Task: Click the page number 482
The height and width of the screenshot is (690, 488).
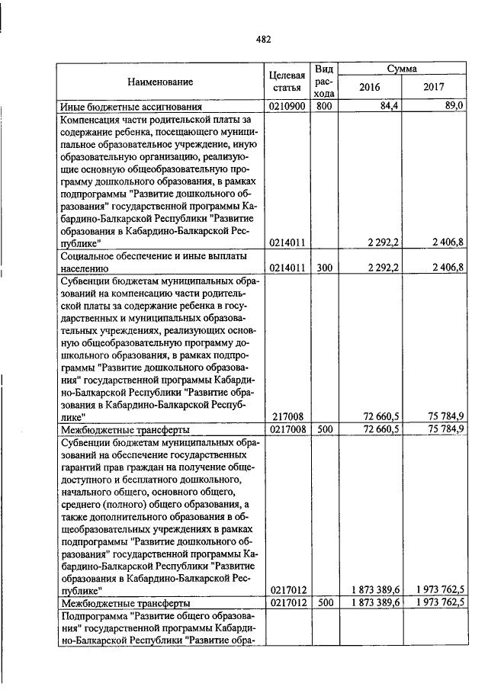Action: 264,40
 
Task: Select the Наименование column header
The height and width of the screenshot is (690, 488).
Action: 160,81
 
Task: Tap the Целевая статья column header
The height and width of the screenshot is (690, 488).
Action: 288,82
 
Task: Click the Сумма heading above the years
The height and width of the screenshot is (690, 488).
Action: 401,69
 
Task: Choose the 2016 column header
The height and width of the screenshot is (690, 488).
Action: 369,87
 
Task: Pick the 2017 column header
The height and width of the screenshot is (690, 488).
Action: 433,87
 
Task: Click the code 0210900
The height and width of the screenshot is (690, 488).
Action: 288,107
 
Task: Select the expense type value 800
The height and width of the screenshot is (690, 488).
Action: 323,107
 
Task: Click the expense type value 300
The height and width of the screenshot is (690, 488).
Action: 323,269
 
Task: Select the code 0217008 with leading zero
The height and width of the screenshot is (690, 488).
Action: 288,429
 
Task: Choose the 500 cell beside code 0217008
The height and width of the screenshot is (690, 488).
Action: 323,429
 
